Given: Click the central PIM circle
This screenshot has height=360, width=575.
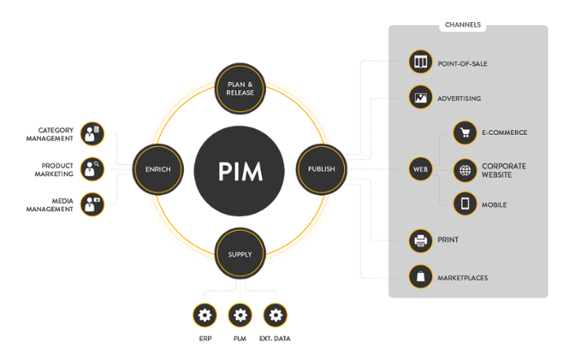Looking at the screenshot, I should pyautogui.click(x=239, y=170).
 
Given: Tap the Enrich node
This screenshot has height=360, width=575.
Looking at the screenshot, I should pyautogui.click(x=156, y=169).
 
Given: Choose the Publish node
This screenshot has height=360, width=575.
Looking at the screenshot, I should pyautogui.click(x=321, y=169).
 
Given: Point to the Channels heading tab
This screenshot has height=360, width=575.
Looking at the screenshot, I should pyautogui.click(x=463, y=25).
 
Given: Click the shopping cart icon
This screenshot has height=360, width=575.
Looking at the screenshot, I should pyautogui.click(x=465, y=132).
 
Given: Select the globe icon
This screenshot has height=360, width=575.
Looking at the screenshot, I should pyautogui.click(x=465, y=170).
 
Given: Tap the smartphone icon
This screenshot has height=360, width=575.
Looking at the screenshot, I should pyautogui.click(x=465, y=203).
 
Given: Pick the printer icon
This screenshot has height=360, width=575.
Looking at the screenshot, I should pyautogui.click(x=421, y=241).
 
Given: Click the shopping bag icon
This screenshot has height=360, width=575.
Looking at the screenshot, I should pyautogui.click(x=421, y=277).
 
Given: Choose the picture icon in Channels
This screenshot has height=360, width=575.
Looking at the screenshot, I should pyautogui.click(x=421, y=98).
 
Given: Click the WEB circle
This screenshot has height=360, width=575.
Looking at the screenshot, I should pyautogui.click(x=421, y=169).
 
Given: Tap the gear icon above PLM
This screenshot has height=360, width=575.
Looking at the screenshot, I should pyautogui.click(x=239, y=315).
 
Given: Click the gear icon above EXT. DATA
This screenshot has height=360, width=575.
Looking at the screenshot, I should pyautogui.click(x=275, y=315).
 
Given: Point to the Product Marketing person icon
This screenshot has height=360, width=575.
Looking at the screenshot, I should pyautogui.click(x=93, y=169).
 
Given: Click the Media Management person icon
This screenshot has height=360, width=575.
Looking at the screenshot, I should pyautogui.click(x=93, y=204).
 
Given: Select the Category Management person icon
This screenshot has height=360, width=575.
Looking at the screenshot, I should pyautogui.click(x=93, y=134).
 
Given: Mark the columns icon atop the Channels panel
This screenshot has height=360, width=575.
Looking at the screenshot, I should pyautogui.click(x=421, y=62).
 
